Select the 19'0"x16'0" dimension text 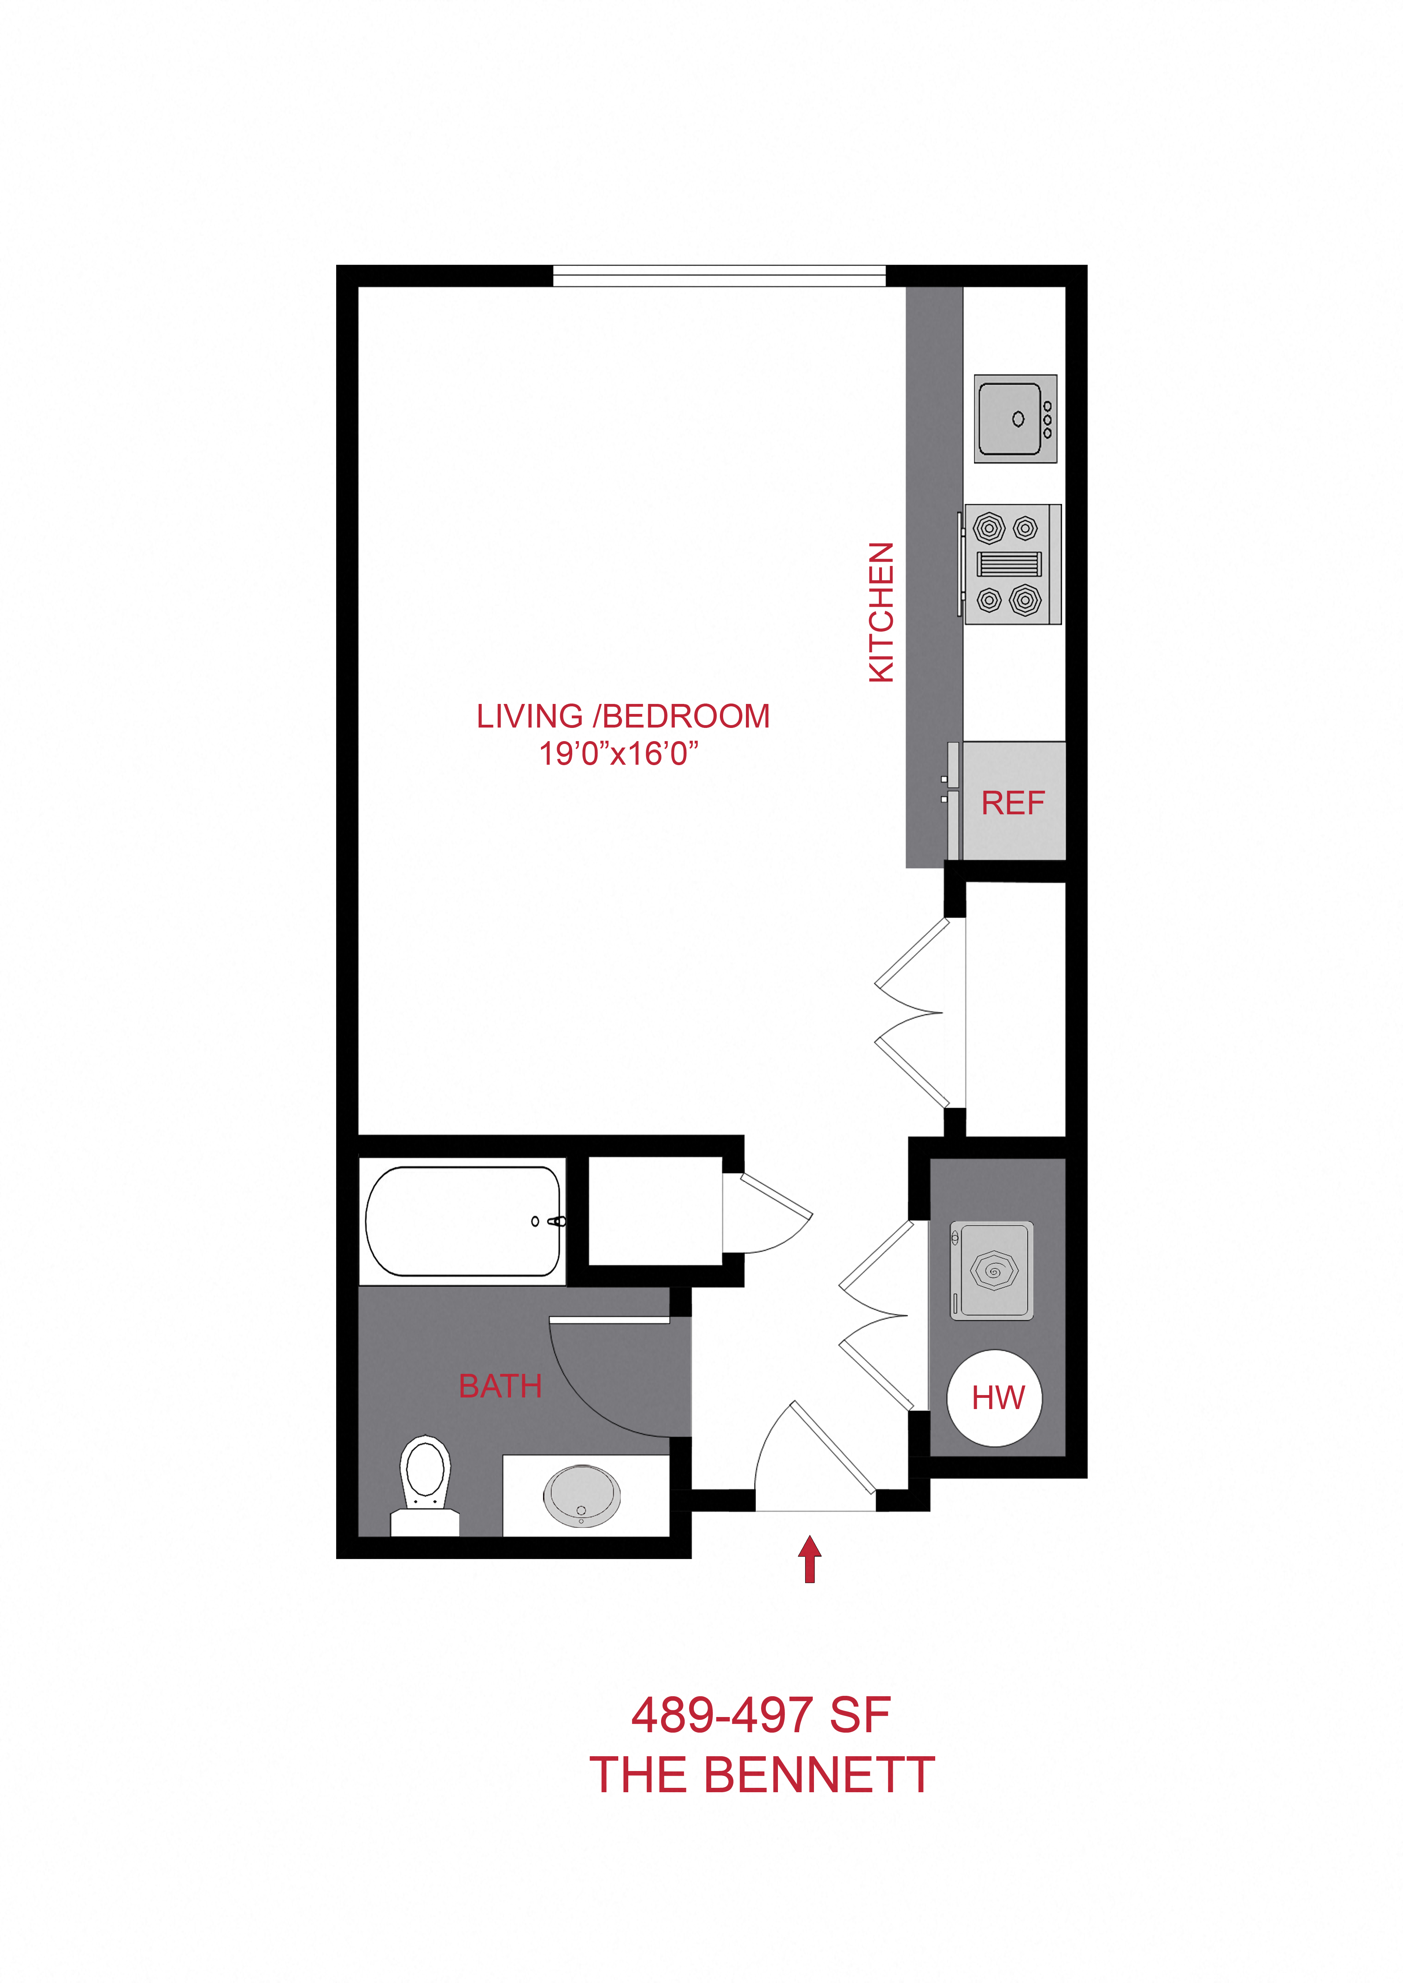[x=619, y=754]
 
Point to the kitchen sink [x=1015, y=419]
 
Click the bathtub [x=463, y=1221]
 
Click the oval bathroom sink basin [x=581, y=1495]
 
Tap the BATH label [x=500, y=1386]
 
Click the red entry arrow [x=810, y=1559]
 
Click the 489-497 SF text [x=760, y=1714]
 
